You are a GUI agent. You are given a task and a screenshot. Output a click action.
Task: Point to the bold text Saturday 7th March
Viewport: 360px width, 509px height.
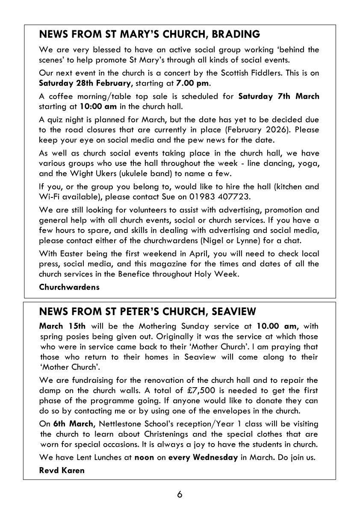point(278,96)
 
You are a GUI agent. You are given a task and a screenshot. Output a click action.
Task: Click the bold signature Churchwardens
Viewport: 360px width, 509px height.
point(69,287)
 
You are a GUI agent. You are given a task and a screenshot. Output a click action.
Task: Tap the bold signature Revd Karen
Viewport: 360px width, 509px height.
point(62,471)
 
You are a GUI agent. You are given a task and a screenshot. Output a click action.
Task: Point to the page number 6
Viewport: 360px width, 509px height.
point(180,494)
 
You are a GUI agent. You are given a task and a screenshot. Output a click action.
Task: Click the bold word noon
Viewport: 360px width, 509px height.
point(144,457)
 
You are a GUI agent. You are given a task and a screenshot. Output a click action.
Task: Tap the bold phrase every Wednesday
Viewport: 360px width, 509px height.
point(203,457)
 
